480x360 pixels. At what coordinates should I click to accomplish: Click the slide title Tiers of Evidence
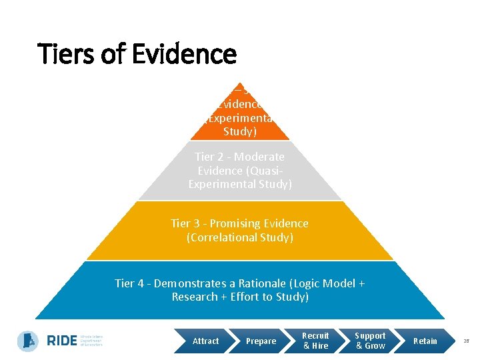point(137,54)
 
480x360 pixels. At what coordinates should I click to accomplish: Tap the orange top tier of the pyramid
point(240,117)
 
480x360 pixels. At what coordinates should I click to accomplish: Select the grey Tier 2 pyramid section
point(240,171)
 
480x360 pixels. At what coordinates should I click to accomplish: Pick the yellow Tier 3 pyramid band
point(240,231)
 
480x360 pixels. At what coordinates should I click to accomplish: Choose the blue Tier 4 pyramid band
point(240,291)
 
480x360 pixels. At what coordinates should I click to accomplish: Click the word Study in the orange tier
point(240,131)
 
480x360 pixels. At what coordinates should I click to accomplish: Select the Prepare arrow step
point(261,341)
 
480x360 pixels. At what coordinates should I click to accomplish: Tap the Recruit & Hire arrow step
point(315,341)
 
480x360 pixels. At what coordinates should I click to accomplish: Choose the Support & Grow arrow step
point(370,341)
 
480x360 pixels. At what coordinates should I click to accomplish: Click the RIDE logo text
point(61,341)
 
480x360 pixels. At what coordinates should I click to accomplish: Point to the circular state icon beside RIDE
point(28,341)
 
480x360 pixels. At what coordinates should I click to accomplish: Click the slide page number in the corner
point(467,341)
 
